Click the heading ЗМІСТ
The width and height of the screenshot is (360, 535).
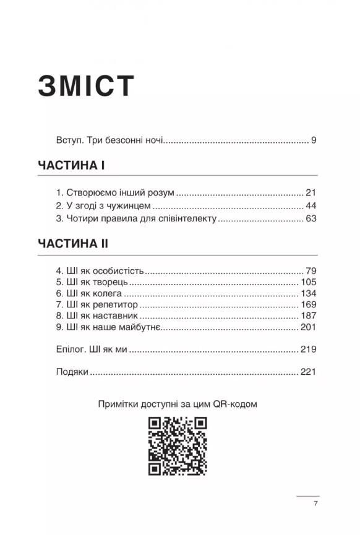point(86,86)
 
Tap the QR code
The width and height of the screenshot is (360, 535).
point(177,445)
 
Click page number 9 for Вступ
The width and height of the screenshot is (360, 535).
point(314,140)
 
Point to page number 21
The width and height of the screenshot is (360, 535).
point(311,192)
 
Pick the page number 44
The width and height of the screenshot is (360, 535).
point(311,205)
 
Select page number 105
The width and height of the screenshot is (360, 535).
point(309,282)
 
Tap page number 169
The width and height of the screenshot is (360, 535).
point(309,304)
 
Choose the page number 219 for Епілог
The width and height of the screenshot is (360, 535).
point(309,349)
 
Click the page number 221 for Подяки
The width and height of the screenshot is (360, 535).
point(309,372)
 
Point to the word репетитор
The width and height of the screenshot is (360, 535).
point(116,305)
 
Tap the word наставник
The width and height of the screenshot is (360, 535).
point(117,316)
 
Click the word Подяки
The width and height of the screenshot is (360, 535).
point(72,372)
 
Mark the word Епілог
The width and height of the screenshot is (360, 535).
point(71,350)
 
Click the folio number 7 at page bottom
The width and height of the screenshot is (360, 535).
point(315,504)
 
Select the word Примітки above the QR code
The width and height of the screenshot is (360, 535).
point(119,404)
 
